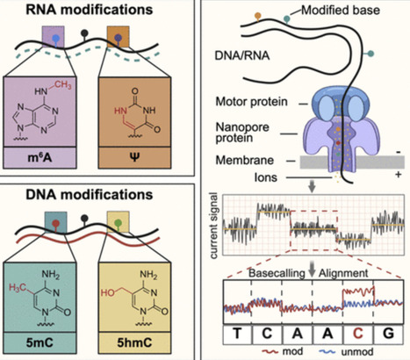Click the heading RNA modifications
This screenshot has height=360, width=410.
(90, 10)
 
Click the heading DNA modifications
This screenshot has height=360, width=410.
(90, 194)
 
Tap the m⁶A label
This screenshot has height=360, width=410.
(40, 158)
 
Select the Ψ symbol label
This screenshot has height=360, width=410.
(134, 158)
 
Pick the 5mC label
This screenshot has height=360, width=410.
(40, 342)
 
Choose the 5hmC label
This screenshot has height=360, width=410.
(134, 342)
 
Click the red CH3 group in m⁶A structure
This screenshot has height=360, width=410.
(62, 85)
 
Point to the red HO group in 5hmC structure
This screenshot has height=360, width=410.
(108, 292)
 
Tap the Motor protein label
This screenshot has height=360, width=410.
(252, 102)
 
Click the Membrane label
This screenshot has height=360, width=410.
(245, 160)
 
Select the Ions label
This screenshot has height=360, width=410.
(266, 177)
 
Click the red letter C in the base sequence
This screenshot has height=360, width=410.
(357, 333)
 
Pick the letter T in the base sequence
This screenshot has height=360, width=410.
(237, 333)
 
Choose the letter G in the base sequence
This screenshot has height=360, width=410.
(388, 333)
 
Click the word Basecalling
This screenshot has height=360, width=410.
(277, 273)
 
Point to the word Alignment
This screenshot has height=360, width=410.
(343, 273)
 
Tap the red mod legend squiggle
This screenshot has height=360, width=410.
(270, 351)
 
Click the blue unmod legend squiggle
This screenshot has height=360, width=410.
(327, 351)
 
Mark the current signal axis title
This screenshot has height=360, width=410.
(214, 226)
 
